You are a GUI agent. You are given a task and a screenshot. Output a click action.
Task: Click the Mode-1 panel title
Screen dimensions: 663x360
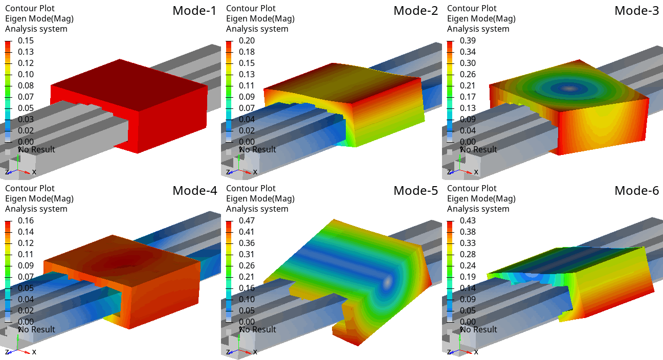[194, 11]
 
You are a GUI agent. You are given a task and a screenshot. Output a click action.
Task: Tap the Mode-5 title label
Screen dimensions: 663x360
[415, 191]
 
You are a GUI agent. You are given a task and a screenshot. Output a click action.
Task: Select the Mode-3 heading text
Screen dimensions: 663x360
[637, 11]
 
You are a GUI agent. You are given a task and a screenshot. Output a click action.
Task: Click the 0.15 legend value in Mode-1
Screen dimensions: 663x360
[26, 40]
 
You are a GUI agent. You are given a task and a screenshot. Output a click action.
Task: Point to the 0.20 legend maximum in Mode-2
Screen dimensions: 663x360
[247, 40]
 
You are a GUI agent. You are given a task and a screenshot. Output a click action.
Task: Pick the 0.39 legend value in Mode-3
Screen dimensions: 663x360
[468, 40]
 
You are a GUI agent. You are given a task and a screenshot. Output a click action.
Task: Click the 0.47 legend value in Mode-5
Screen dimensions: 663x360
[247, 221]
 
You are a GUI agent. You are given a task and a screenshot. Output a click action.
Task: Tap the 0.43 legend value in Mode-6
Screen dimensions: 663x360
[468, 221]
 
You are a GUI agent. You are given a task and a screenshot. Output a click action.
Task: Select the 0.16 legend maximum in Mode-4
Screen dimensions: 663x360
[26, 221]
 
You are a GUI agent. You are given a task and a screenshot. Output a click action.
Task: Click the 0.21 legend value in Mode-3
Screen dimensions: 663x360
[468, 85]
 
